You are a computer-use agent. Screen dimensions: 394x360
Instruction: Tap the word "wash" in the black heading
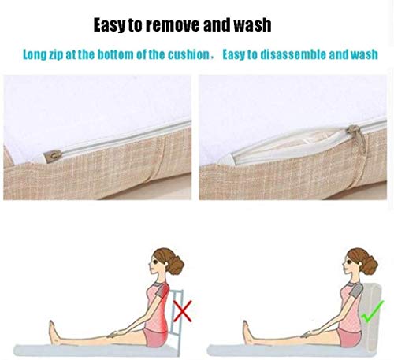(252, 25)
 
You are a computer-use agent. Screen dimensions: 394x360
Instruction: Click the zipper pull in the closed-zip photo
(53, 157)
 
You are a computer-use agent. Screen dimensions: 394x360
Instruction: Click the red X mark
(182, 311)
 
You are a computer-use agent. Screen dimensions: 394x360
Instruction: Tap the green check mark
(372, 312)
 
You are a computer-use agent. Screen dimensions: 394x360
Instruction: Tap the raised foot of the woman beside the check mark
(247, 332)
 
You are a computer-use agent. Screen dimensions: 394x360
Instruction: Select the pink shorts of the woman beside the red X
(155, 337)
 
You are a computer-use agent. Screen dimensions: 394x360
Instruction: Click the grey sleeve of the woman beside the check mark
(356, 290)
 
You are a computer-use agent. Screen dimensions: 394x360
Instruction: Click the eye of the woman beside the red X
(155, 262)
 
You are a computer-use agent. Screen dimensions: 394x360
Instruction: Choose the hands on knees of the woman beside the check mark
(308, 334)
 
